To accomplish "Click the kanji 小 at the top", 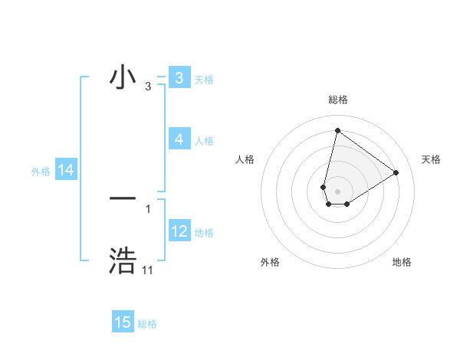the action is (x=123, y=78).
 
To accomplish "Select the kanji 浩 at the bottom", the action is (x=123, y=261).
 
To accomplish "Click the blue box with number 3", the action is (x=179, y=78).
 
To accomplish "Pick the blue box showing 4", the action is (x=179, y=139).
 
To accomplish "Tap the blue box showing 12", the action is (x=179, y=231).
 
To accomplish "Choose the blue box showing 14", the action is (x=66, y=171).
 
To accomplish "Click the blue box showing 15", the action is (x=123, y=322).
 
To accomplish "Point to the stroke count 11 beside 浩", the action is (x=147, y=270).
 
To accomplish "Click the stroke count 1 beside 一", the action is (x=147, y=208).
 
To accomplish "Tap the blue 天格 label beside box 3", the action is (x=204, y=79).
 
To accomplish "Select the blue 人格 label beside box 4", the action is (x=204, y=140).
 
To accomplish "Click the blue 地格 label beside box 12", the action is (x=204, y=232).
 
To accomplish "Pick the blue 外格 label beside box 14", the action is (x=41, y=172).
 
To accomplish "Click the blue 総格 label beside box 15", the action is (x=147, y=324).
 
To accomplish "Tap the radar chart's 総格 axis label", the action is (x=337, y=100).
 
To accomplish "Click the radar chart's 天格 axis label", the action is (x=432, y=159).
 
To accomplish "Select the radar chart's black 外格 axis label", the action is (x=270, y=263).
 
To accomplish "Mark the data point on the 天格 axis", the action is (x=396, y=172).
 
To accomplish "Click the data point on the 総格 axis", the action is (x=337, y=129).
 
